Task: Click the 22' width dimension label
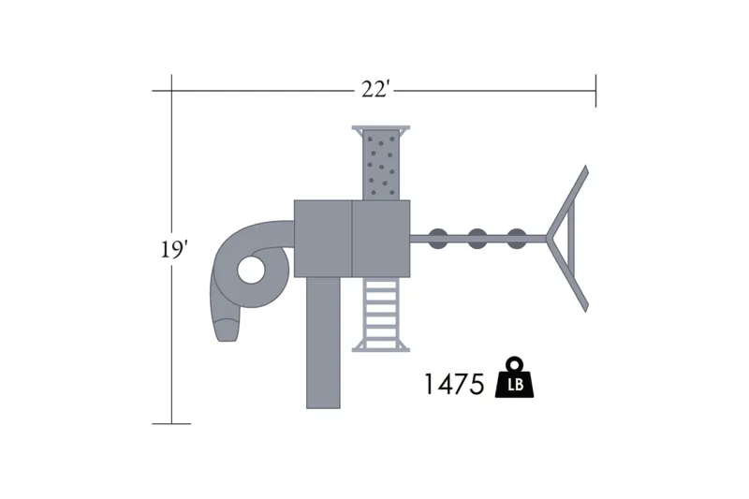click(376, 89)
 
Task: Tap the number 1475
click(454, 385)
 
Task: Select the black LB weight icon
click(514, 377)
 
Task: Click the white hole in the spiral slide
click(251, 270)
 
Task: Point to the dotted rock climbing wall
click(381, 165)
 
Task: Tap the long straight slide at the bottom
click(323, 343)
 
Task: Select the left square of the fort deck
click(323, 239)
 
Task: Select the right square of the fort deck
click(381, 239)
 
